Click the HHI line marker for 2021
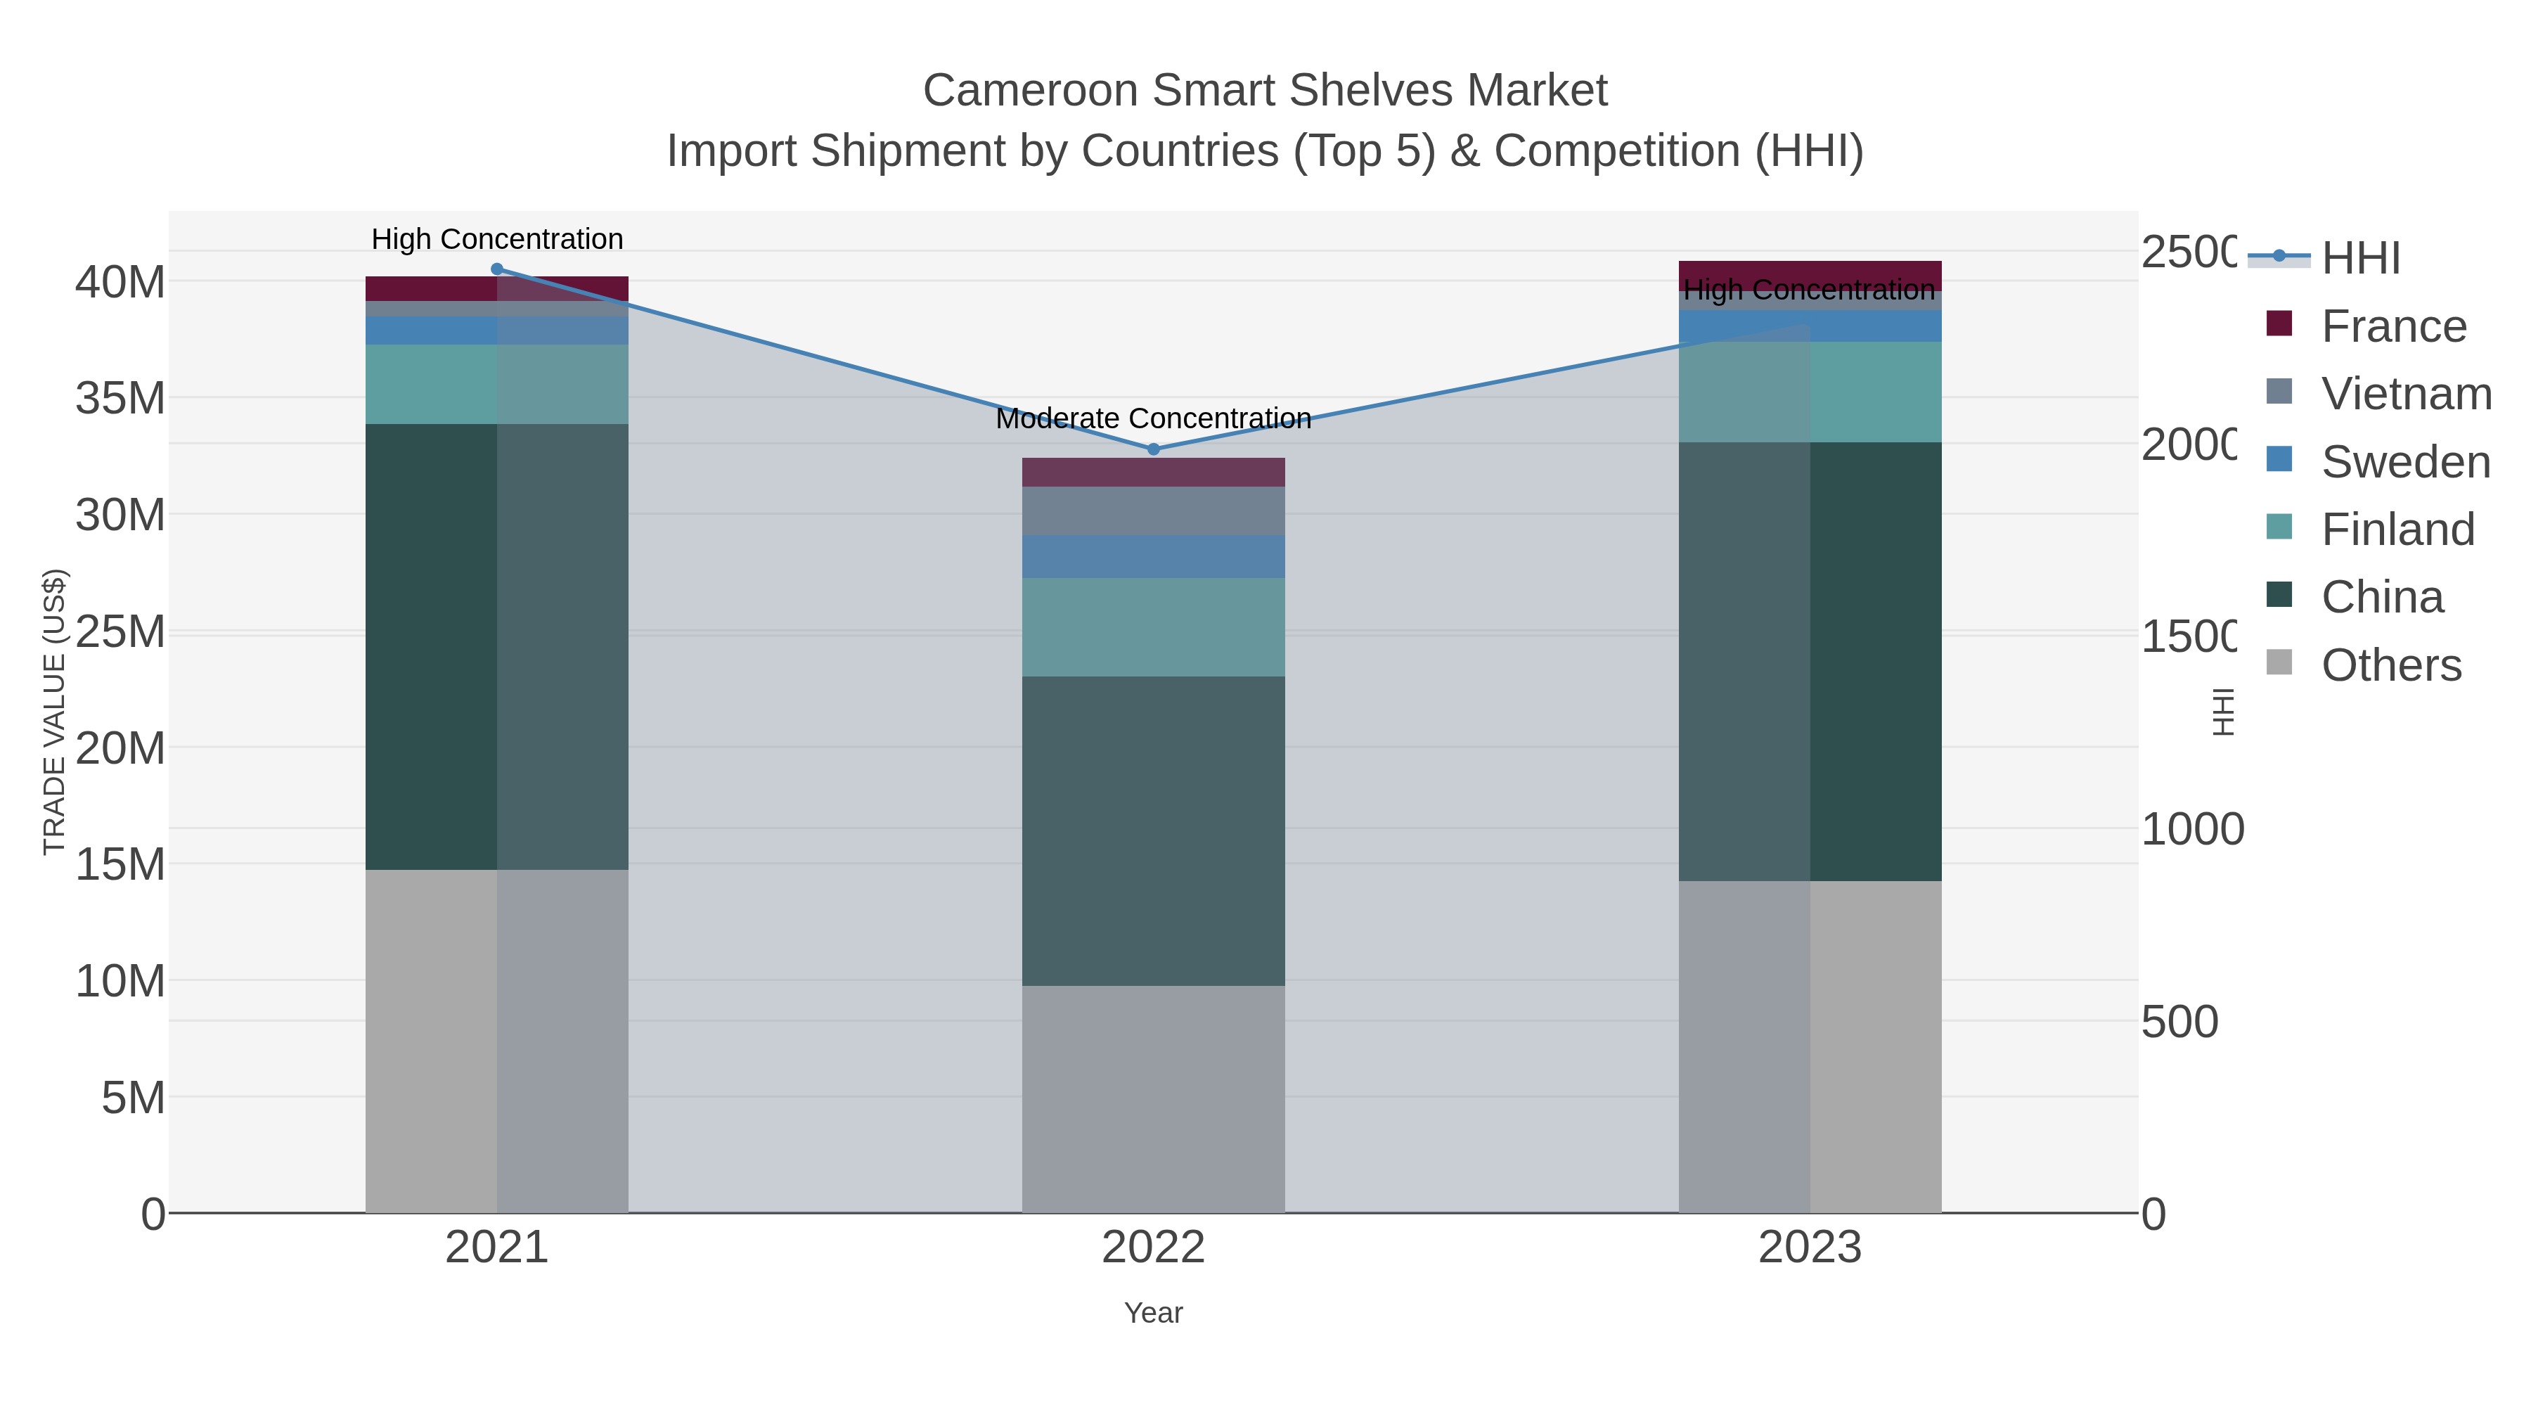pos(496,269)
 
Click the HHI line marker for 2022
pos(1154,449)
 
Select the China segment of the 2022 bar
pos(1154,830)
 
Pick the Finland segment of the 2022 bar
pos(1154,627)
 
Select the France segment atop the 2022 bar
pos(1154,473)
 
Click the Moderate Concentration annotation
pos(1154,418)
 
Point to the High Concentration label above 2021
pos(497,239)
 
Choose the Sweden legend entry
pos(2405,461)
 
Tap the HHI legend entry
pos(2360,257)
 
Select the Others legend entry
pos(2390,665)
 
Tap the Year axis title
pos(1154,1313)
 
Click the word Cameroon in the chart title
pos(1031,91)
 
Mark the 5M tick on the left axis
pos(133,1098)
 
